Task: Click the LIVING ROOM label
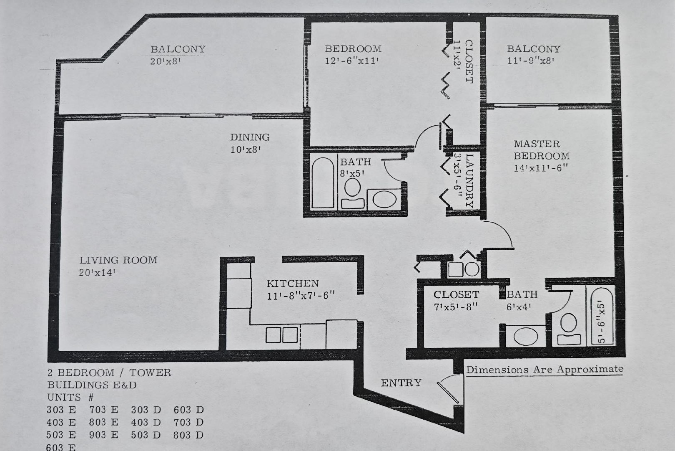pos(118,260)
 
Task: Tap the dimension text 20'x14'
pos(97,273)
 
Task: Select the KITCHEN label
pos(292,284)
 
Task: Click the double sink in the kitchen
pos(281,335)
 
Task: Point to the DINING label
pos(250,137)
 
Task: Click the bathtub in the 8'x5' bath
pos(323,182)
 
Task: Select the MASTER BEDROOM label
pos(541,150)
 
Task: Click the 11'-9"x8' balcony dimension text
pos(530,61)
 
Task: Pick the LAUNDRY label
pos(469,180)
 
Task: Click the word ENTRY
pos(401,383)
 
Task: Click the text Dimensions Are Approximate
pos(545,370)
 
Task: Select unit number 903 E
pos(103,435)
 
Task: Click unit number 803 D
pos(188,435)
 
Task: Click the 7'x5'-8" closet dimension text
pos(455,307)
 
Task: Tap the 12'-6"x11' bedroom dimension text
pos(351,61)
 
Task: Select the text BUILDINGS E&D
pos(92,385)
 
